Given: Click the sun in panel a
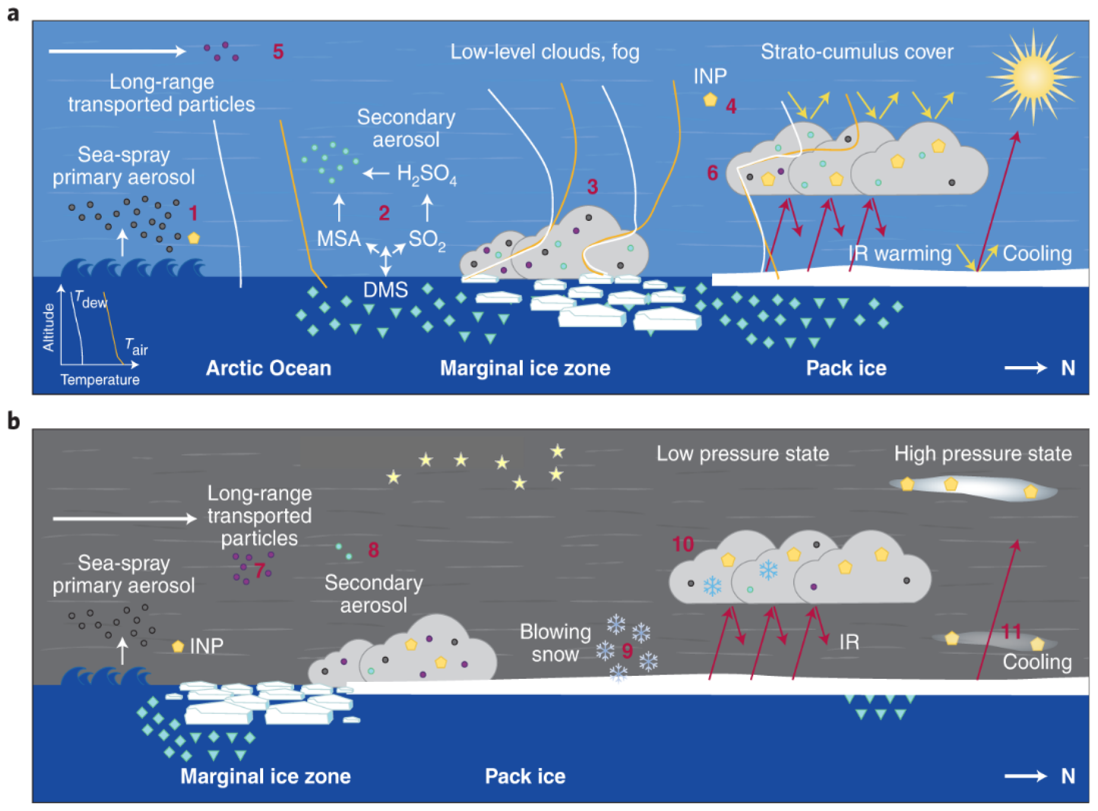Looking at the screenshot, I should click(x=1033, y=77).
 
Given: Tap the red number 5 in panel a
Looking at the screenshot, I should click(x=278, y=52).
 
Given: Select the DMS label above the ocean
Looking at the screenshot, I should click(x=386, y=290).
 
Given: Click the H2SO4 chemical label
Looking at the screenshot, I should click(x=426, y=174).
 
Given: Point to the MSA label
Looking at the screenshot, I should click(x=339, y=239).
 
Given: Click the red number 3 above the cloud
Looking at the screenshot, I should click(x=592, y=187).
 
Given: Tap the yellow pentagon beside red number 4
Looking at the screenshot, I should click(x=710, y=100).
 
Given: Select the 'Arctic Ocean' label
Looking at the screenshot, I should click(x=269, y=368).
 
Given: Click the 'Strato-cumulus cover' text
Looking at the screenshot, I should click(x=857, y=52).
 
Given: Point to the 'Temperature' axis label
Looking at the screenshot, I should click(x=100, y=380).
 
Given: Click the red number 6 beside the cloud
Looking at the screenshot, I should click(x=712, y=173).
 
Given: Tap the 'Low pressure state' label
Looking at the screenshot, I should click(x=743, y=454).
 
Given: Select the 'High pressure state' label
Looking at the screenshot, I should click(x=982, y=454).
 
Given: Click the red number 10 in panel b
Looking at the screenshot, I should click(x=682, y=544).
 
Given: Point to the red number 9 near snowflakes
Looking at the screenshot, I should click(x=627, y=651).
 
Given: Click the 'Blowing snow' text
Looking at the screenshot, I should click(x=555, y=643).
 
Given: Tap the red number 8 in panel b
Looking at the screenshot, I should click(x=373, y=550).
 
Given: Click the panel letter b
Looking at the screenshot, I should click(x=13, y=421).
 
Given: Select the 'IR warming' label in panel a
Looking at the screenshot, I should click(x=900, y=254).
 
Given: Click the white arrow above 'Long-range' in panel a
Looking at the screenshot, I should click(x=117, y=51).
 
